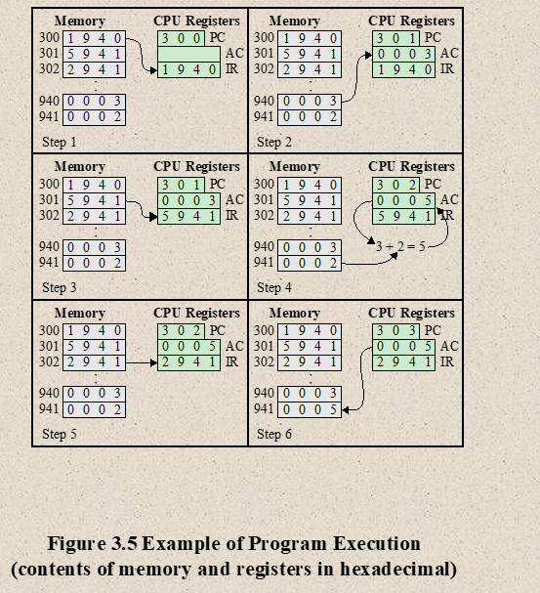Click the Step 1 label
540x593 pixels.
[59, 143]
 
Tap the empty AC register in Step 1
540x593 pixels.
[188, 54]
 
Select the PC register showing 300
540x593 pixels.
[181, 38]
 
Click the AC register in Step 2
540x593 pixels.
[403, 54]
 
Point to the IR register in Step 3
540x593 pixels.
[188, 216]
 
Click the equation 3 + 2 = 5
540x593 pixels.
[400, 246]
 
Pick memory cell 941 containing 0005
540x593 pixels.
[310, 409]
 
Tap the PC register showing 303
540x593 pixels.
[395, 331]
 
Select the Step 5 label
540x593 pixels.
[59, 434]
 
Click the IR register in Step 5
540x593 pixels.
[188, 362]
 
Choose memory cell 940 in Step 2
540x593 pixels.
[310, 102]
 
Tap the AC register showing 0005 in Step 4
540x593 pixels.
[403, 200]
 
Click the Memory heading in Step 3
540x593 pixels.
[80, 167]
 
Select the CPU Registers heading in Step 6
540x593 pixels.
[411, 314]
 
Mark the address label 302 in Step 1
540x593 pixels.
[49, 69]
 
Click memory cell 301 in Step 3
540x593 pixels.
[94, 200]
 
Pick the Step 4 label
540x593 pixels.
[274, 287]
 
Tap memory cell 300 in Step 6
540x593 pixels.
[310, 331]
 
